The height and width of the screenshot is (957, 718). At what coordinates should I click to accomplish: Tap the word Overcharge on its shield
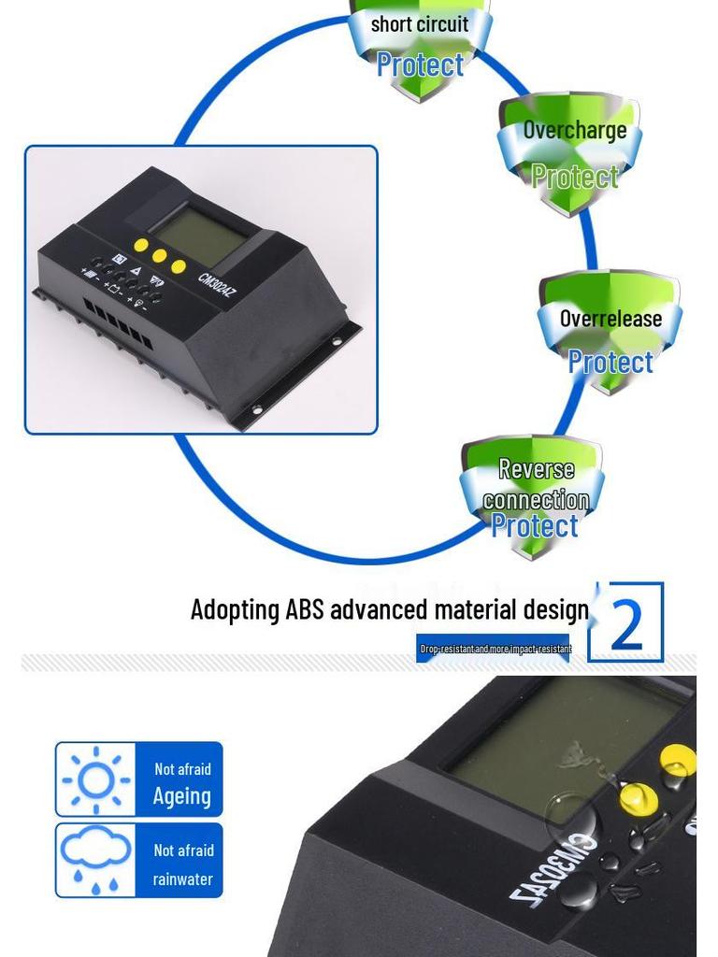pyautogui.click(x=574, y=130)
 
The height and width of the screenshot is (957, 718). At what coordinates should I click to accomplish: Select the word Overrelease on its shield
pyautogui.click(x=610, y=319)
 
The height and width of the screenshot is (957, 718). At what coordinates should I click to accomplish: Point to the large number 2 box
pyautogui.click(x=625, y=622)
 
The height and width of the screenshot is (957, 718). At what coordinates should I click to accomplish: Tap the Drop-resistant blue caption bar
pyautogui.click(x=493, y=649)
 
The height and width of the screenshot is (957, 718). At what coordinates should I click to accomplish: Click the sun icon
pyautogui.click(x=95, y=779)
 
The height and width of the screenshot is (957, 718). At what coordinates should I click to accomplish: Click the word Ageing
pyautogui.click(x=181, y=796)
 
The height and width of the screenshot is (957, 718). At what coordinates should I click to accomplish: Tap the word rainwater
pyautogui.click(x=182, y=879)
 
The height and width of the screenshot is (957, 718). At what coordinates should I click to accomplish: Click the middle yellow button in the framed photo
pyautogui.click(x=160, y=256)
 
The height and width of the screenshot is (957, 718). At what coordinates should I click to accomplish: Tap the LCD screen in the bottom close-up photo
pyautogui.click(x=561, y=738)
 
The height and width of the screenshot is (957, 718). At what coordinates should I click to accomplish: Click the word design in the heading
pyautogui.click(x=555, y=610)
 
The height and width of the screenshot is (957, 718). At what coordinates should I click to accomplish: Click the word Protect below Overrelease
pyautogui.click(x=610, y=362)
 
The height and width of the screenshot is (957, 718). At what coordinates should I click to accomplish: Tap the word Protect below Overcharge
pyautogui.click(x=574, y=176)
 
